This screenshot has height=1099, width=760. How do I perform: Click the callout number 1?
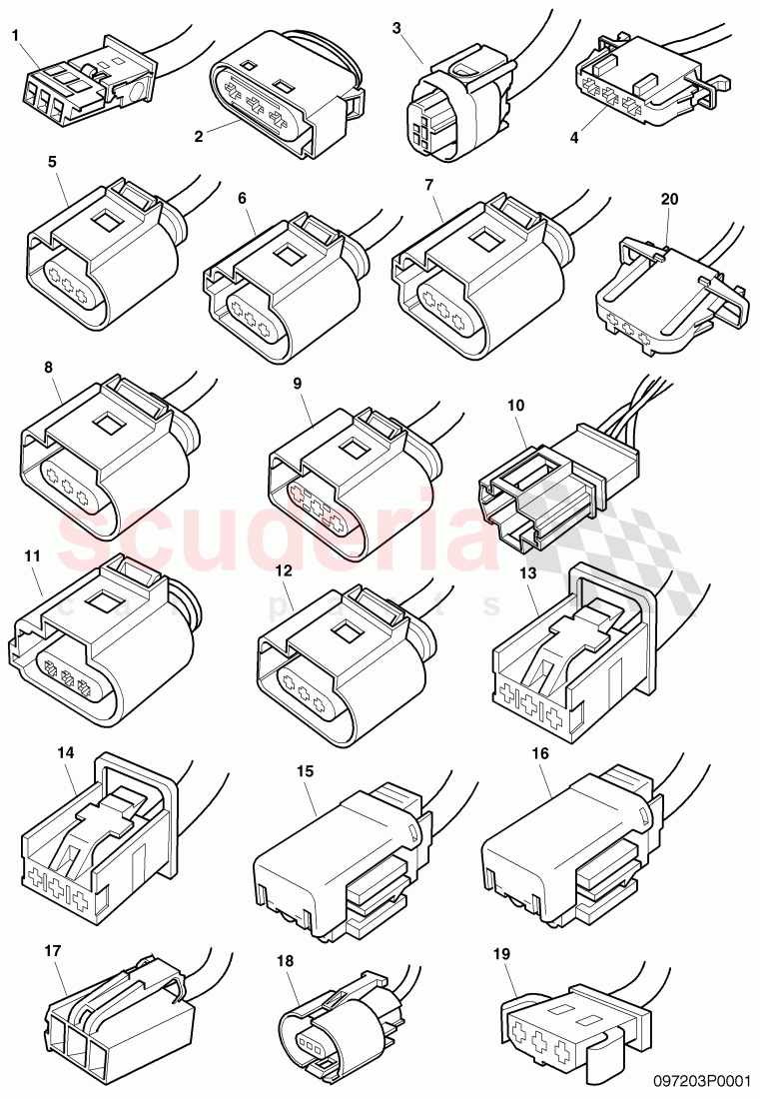coord(16,36)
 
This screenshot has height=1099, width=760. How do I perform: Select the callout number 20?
coord(669,199)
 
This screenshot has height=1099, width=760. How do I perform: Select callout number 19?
coord(501,955)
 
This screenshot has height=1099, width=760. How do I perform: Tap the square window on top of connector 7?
coord(486,240)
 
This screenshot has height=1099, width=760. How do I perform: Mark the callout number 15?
coord(305,771)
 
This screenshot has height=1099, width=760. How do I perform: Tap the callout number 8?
coord(49,367)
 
